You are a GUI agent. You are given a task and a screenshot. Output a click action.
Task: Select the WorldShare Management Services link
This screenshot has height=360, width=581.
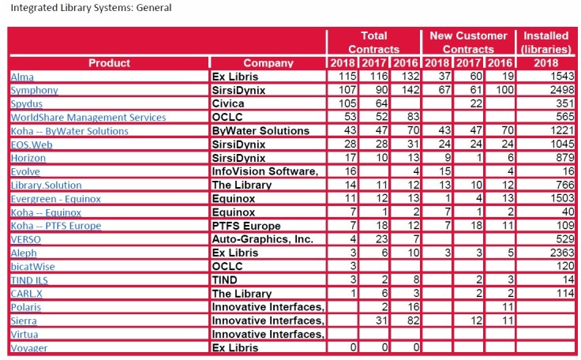(77, 118)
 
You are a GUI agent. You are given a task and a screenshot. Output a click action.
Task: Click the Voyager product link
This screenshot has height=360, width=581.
(28, 348)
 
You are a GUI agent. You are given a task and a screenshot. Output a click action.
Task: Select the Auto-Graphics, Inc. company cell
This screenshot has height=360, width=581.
(263, 239)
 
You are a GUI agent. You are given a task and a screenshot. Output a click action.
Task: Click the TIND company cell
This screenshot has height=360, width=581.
(227, 280)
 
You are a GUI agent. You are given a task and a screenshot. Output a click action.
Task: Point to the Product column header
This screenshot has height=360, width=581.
(109, 63)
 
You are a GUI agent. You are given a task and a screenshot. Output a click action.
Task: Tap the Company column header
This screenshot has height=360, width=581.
(268, 63)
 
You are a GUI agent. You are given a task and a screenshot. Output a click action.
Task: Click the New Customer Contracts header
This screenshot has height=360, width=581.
(468, 43)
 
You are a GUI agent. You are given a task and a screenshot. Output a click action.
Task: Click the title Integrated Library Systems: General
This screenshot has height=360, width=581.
(87, 9)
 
